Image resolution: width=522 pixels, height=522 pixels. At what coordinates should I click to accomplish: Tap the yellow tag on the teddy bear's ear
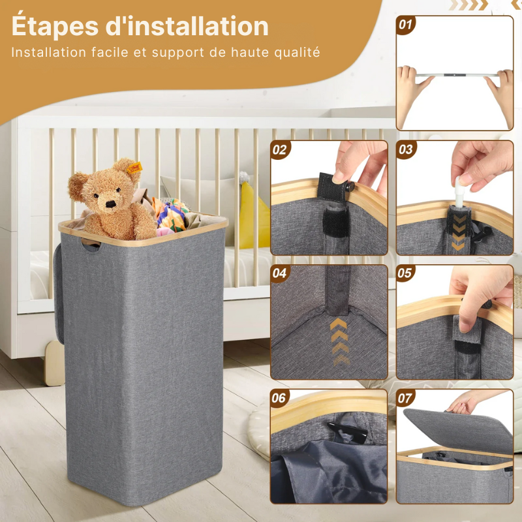click(x=135, y=169)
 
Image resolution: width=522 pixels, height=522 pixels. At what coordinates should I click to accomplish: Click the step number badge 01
click(x=406, y=25)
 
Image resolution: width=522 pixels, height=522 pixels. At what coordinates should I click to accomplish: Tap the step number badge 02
click(x=280, y=149)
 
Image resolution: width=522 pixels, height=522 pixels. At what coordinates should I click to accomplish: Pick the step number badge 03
click(x=406, y=149)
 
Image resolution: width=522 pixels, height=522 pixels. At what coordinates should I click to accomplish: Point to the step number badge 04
click(x=280, y=273)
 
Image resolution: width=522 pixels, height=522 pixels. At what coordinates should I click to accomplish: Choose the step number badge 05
click(x=406, y=273)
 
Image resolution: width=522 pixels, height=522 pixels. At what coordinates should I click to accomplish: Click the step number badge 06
click(x=280, y=398)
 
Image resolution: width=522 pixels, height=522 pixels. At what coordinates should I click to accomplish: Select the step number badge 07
click(x=406, y=398)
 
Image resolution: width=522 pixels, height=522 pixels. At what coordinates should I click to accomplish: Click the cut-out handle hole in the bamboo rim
click(x=91, y=247)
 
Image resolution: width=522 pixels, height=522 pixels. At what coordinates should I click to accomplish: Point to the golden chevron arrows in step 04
click(x=340, y=339)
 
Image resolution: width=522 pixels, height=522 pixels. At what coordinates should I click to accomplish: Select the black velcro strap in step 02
click(x=326, y=189)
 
